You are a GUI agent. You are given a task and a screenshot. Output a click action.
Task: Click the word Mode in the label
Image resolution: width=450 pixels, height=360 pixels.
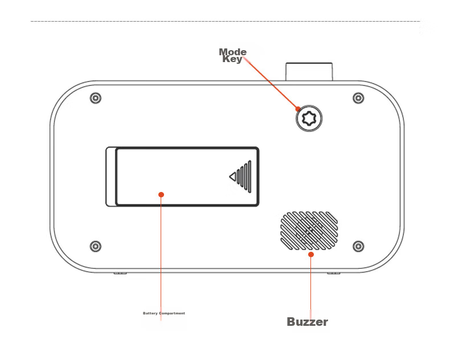click(233, 52)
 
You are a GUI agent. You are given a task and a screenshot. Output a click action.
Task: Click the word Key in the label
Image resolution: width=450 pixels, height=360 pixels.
click(232, 59)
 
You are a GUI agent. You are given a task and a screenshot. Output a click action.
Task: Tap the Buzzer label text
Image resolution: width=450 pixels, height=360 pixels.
click(308, 322)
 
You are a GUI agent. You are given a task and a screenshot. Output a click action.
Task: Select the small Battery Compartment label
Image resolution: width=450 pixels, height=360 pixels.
click(164, 313)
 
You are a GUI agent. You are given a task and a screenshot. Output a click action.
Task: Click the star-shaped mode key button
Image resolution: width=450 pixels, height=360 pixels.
click(309, 118)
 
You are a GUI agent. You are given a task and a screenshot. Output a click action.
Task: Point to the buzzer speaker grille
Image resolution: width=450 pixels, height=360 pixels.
click(309, 231)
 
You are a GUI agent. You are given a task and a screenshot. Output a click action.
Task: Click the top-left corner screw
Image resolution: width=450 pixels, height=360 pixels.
click(96, 98)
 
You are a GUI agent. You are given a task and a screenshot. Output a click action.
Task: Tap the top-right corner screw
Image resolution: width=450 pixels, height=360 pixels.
click(358, 98)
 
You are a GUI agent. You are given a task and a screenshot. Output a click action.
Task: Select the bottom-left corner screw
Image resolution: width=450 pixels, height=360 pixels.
click(96, 246)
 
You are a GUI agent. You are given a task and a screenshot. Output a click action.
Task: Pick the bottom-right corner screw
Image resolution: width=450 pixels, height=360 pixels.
click(358, 246)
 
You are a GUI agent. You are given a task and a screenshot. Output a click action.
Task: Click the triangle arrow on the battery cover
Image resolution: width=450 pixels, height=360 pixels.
click(233, 177)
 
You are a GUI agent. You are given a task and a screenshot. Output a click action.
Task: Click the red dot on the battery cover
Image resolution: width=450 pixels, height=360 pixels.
click(161, 195)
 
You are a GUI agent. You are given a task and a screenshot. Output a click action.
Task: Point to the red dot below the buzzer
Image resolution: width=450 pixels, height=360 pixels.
click(311, 255)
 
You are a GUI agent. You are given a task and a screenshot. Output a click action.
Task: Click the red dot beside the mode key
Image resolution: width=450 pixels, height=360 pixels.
click(298, 109)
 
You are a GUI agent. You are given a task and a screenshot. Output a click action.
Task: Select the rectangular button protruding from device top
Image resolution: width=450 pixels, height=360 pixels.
click(309, 72)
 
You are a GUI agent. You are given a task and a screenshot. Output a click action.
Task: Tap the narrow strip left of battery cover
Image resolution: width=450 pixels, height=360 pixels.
click(111, 177)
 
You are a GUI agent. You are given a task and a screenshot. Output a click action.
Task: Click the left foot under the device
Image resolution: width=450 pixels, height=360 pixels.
click(120, 273)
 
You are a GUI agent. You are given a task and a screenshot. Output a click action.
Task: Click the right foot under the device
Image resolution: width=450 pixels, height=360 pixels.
click(334, 273)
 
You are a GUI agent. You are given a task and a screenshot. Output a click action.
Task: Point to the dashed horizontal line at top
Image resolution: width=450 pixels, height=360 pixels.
click(226, 21)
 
